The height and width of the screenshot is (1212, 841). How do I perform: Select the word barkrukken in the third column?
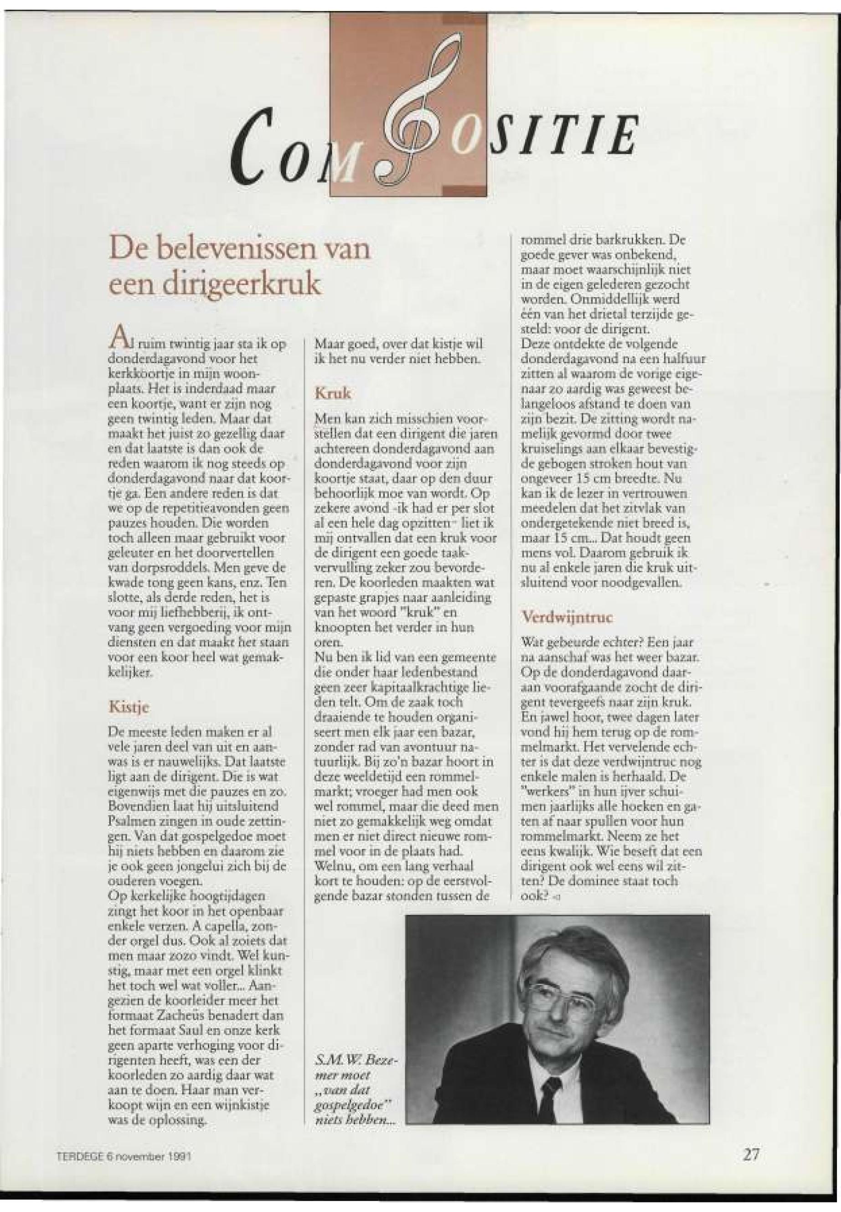[628, 241]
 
